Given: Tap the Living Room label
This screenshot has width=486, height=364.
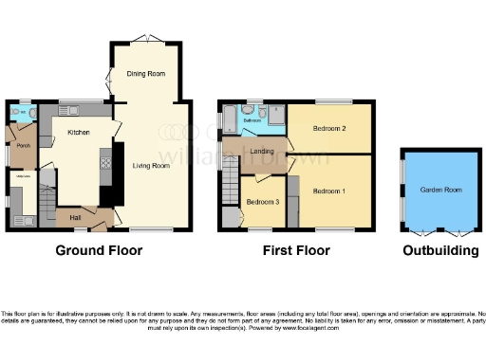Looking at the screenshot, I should coord(149,165).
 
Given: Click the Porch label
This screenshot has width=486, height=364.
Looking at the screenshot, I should coord(23,146).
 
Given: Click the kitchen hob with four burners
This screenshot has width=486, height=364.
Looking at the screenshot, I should coord(104,163).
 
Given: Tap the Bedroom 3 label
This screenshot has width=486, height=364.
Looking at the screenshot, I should coord(263,203).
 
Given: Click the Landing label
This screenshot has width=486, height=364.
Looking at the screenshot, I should coord(263,152).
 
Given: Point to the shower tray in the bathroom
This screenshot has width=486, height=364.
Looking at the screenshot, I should coord(276,118).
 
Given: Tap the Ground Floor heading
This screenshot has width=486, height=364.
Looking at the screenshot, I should coord(99,251).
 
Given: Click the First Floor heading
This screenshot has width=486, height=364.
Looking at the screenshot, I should coord(297,251).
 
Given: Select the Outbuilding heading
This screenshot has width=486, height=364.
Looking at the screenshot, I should coord(440,251).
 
